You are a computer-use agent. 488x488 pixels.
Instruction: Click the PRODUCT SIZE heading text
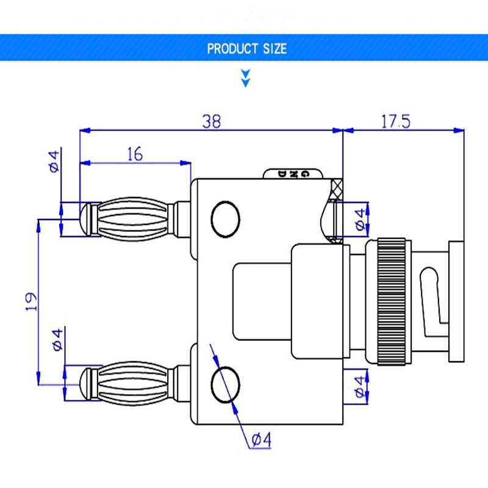pos(246,49)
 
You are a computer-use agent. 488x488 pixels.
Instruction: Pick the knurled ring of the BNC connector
pos(390,301)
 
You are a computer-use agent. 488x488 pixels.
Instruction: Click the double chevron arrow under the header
pos(246,78)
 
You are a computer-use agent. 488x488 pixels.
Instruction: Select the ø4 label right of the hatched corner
pos(360,220)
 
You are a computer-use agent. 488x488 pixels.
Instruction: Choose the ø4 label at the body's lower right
pos(361,387)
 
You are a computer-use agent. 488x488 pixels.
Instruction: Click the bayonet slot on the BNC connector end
pos(430,299)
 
